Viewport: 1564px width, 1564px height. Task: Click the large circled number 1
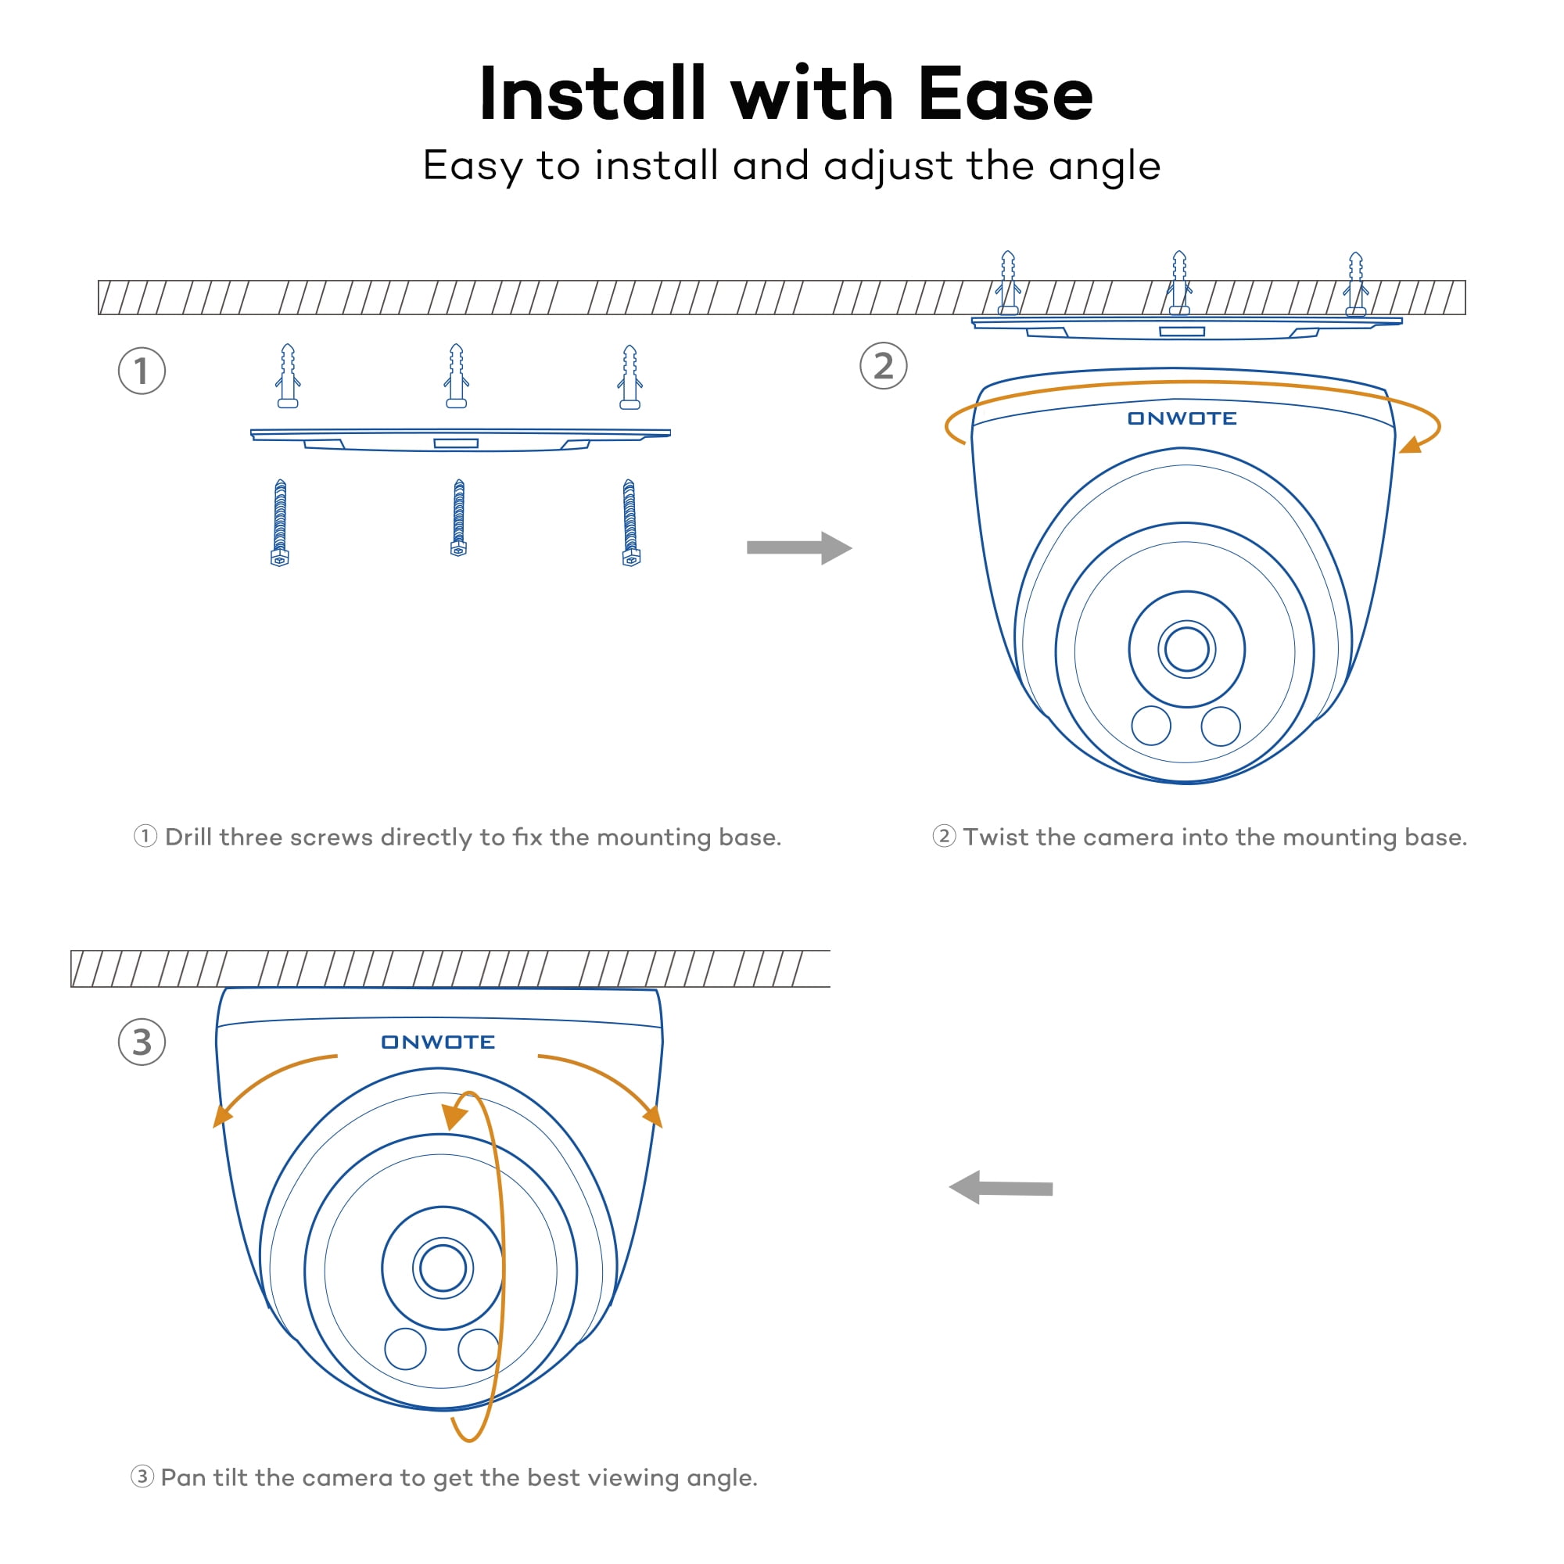tap(142, 371)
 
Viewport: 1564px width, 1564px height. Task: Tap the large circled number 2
tap(883, 366)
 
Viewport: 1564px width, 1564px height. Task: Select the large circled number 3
tap(142, 1042)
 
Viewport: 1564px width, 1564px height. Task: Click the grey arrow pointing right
tap(798, 548)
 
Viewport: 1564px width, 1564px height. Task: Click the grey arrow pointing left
tap(1001, 1188)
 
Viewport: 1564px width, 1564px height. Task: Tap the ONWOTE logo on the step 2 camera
tap(1182, 418)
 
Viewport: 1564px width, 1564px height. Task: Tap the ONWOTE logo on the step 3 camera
tap(438, 1042)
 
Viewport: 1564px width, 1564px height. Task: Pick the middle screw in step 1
tap(459, 518)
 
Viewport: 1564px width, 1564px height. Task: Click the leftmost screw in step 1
tap(280, 522)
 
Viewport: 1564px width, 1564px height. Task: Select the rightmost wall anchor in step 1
tap(630, 376)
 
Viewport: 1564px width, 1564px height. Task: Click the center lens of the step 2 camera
tap(1187, 649)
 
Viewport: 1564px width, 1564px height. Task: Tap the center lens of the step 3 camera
tap(443, 1268)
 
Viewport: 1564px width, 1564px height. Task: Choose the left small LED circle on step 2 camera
tap(1151, 726)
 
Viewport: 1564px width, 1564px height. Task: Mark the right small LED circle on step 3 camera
tap(479, 1350)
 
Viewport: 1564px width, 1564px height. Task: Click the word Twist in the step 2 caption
tap(995, 837)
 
